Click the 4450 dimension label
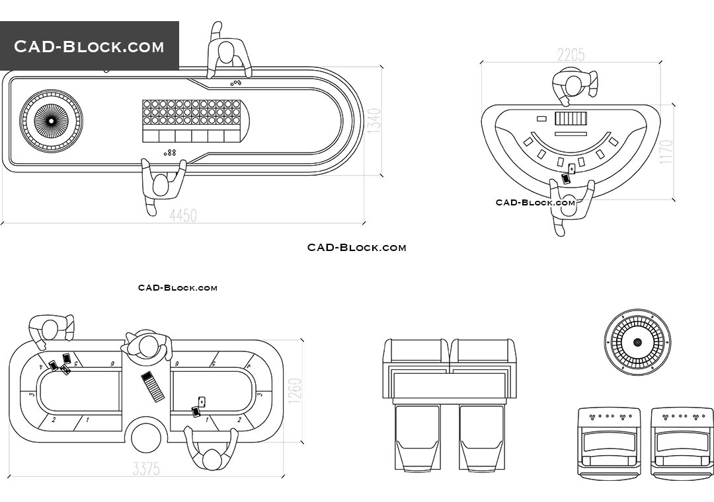[x=183, y=215]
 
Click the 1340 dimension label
[x=374, y=121]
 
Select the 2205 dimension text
[x=571, y=55]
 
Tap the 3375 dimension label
[x=146, y=469]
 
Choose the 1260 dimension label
[x=295, y=391]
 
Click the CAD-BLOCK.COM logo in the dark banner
[x=89, y=46]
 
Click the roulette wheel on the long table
[x=51, y=121]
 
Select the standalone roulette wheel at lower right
[x=637, y=342]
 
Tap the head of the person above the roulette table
[x=227, y=53]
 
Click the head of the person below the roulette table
[x=161, y=184]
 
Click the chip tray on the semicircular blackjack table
[x=570, y=119]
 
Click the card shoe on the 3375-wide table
[x=153, y=386]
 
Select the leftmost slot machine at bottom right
[x=609, y=441]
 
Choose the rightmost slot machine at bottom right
[x=682, y=441]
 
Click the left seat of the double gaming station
[x=416, y=436]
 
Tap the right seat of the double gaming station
[x=481, y=436]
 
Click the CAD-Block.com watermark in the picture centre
[x=356, y=248]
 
